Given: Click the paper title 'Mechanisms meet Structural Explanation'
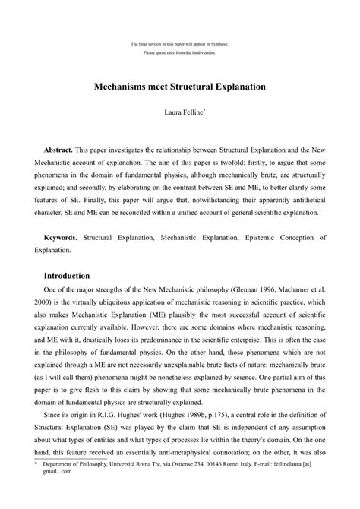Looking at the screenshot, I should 179,87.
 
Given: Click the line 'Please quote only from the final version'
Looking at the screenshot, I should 179,52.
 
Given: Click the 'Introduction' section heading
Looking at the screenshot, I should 67,275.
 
